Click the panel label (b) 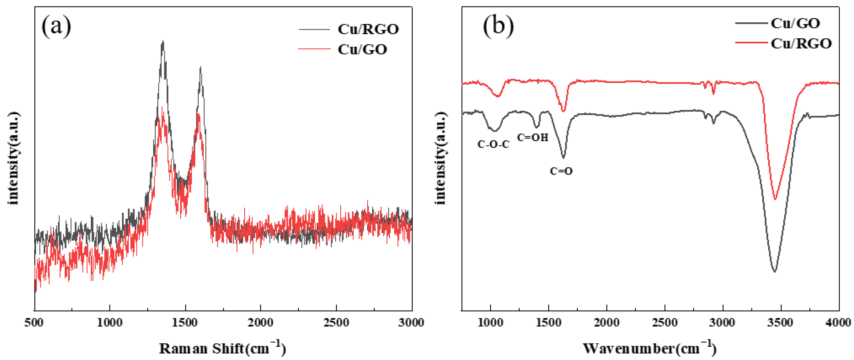click(498, 26)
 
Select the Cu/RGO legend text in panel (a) click(368, 30)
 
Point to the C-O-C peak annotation click(493, 144)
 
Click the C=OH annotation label click(532, 137)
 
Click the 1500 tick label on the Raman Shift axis click(185, 323)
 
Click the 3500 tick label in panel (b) click(780, 323)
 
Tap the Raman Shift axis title click(222, 348)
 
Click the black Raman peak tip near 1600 click(200, 67)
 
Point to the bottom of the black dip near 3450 click(775, 272)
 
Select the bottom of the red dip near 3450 click(775, 200)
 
